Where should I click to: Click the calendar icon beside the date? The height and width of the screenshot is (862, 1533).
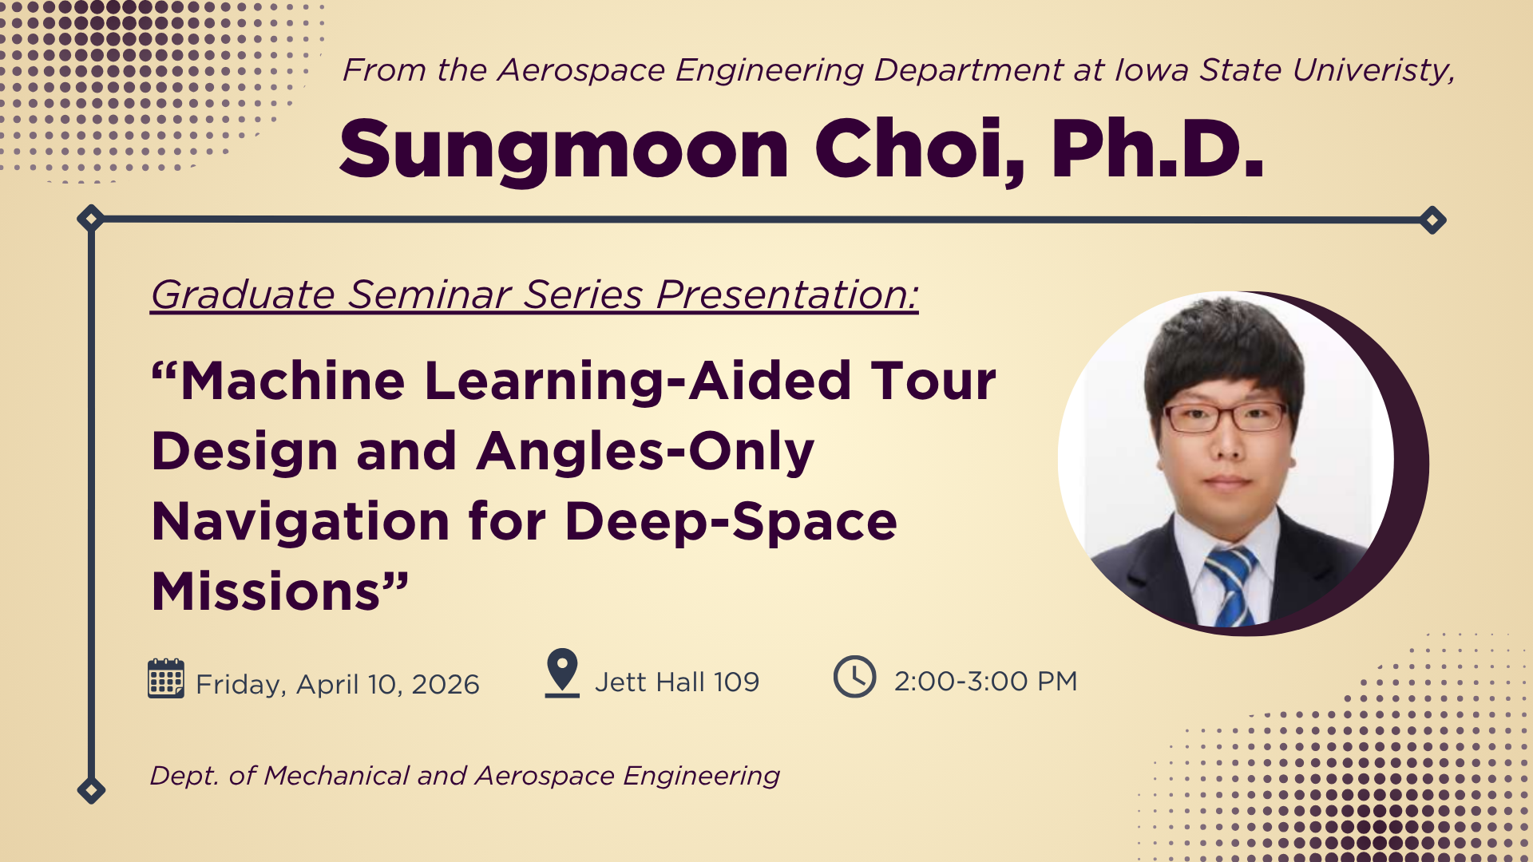[166, 678]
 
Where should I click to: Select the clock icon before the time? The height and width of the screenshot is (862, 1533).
[855, 677]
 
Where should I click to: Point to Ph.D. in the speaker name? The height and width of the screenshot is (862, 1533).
[1158, 149]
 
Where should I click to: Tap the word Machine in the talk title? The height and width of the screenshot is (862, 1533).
[293, 381]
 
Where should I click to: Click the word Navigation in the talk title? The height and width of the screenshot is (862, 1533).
[301, 522]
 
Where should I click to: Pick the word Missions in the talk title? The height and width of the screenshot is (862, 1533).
[265, 591]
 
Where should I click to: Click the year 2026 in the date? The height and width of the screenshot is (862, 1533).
[446, 685]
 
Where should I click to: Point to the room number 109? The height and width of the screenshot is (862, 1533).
[736, 682]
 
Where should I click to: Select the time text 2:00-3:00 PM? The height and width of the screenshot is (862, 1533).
[986, 682]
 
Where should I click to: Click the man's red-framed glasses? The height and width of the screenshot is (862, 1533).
[1226, 417]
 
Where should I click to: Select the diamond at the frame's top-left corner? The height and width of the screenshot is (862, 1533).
[91, 218]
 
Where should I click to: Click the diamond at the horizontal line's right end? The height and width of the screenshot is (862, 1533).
[1432, 219]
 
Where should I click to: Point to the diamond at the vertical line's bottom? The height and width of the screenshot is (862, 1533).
[91, 790]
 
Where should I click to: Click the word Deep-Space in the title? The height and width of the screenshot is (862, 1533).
[731, 522]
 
